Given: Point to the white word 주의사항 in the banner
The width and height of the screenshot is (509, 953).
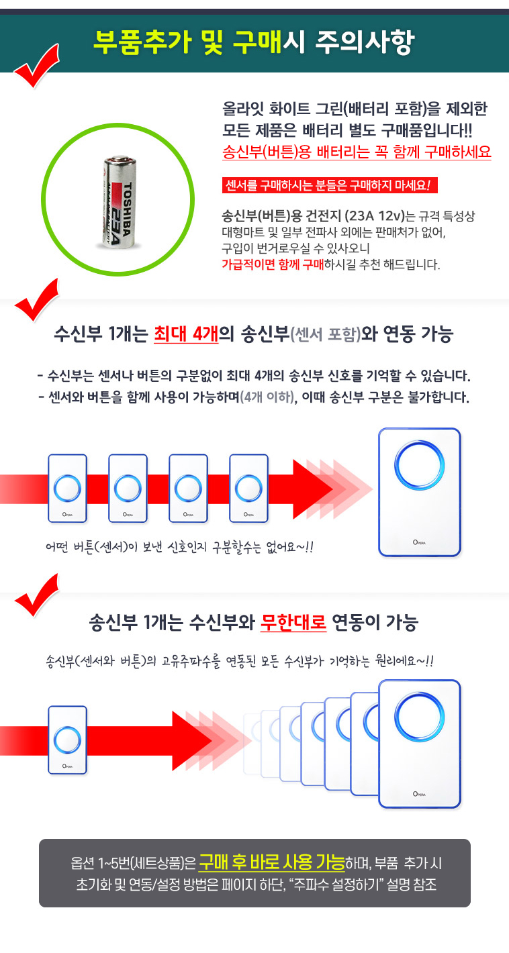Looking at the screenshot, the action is [x=365, y=42].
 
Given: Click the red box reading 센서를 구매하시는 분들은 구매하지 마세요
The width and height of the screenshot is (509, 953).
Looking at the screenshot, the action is [x=330, y=185].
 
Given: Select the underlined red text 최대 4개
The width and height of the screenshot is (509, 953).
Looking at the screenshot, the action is [x=186, y=334].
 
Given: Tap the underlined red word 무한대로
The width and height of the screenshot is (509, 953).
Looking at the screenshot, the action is [x=293, y=622].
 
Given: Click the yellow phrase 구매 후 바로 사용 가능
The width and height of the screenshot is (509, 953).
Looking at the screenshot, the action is [x=272, y=862].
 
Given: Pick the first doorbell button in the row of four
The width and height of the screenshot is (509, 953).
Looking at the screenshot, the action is [x=67, y=489].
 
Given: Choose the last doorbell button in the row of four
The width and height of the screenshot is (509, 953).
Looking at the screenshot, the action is [x=248, y=489].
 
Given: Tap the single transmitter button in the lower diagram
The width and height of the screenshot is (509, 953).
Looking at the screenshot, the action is [x=67, y=740].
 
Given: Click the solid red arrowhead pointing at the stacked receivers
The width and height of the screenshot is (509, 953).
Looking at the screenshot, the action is [x=191, y=740].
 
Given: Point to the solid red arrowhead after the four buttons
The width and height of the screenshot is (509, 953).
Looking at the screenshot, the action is [x=312, y=489].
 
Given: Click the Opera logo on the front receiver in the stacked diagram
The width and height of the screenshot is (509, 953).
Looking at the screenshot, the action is [x=419, y=794].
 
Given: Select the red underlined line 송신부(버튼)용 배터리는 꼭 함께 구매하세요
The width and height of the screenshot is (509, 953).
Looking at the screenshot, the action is [x=357, y=152].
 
